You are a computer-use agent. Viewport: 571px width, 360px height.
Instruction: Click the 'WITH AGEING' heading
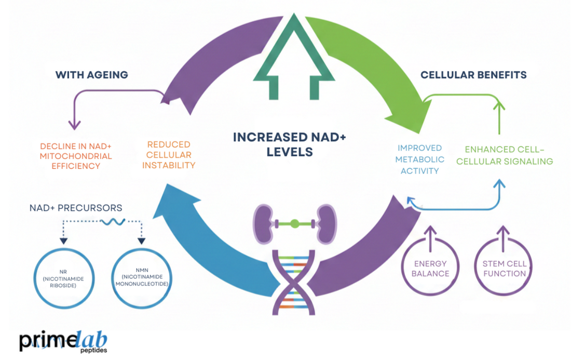[x=91, y=75]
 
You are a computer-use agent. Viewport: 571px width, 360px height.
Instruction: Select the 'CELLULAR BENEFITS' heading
[x=473, y=75]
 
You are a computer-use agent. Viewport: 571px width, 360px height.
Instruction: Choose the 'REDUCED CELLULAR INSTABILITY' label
[x=169, y=155]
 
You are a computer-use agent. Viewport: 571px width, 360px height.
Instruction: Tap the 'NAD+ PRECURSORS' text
[x=76, y=208]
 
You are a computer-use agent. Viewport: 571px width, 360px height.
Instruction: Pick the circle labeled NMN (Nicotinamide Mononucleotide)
[x=141, y=278]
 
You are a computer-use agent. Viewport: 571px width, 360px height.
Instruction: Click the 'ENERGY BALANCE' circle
[x=431, y=268]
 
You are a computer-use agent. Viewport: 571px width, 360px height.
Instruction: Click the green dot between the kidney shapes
[x=294, y=224]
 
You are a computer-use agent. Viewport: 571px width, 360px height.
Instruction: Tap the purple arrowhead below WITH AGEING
[x=75, y=124]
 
